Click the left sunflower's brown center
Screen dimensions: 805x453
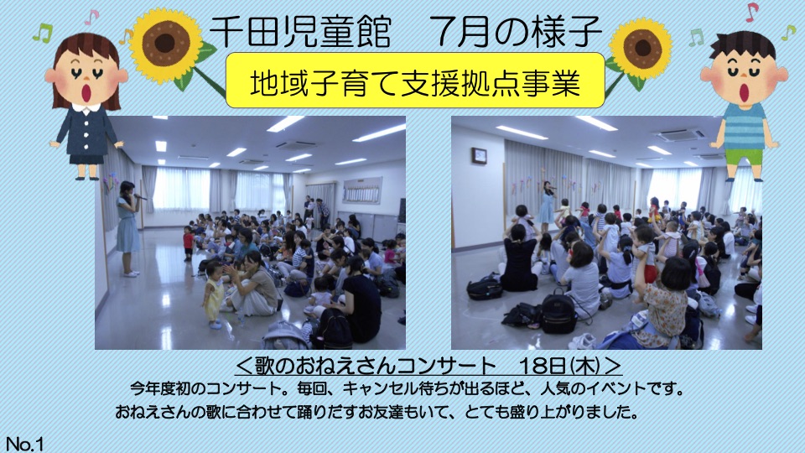(x=165, y=43)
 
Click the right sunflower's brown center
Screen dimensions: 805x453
(x=643, y=47)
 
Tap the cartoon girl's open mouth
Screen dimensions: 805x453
(x=87, y=92)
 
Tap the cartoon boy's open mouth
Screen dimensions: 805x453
(x=744, y=91)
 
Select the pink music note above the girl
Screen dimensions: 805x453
(x=91, y=17)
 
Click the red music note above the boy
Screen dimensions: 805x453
(x=751, y=11)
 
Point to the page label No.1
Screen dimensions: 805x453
(x=24, y=444)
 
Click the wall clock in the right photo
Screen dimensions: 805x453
(x=479, y=156)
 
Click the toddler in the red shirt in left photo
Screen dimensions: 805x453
(x=189, y=242)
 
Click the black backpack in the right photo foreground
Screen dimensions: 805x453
(x=558, y=312)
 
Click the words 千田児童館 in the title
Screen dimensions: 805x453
(x=300, y=31)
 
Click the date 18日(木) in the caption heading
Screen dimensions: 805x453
(x=560, y=367)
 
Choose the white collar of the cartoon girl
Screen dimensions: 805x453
(x=86, y=108)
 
